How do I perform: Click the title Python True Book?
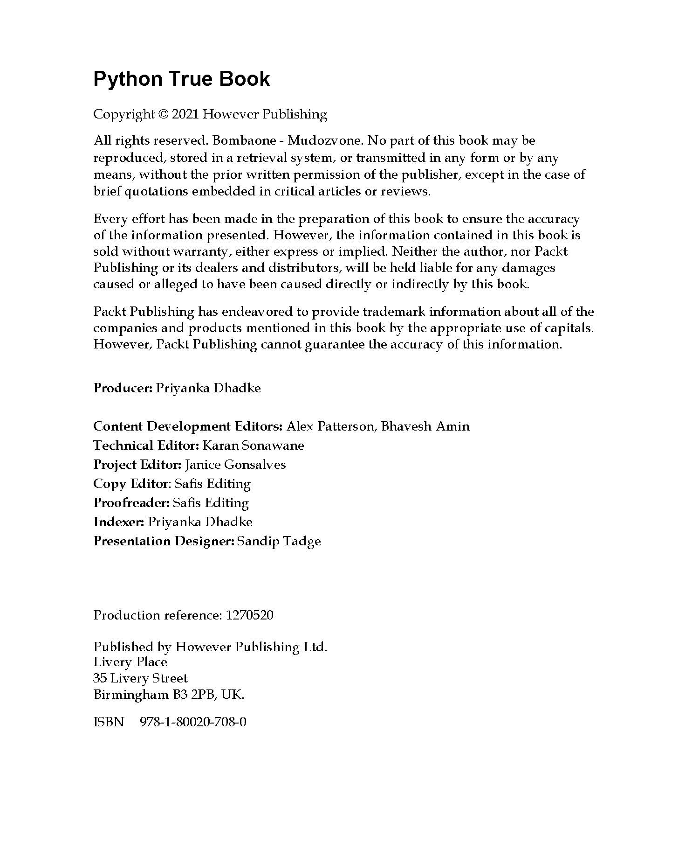pos(181,79)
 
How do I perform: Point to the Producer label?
pos(123,388)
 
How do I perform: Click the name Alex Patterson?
pos(330,426)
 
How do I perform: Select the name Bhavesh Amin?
pos(425,426)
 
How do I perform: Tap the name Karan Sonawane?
pos(253,445)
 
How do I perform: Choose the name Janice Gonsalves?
pos(235,465)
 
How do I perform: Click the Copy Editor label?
pos(130,484)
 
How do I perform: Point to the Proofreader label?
pos(131,503)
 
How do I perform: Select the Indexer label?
pos(119,522)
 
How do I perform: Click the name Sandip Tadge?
pos(279,541)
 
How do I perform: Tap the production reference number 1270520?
pos(249,615)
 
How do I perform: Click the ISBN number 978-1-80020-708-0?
pos(193,722)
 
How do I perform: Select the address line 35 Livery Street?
pos(140,678)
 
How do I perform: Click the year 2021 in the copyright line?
pos(185,114)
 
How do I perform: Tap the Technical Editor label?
pos(146,445)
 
